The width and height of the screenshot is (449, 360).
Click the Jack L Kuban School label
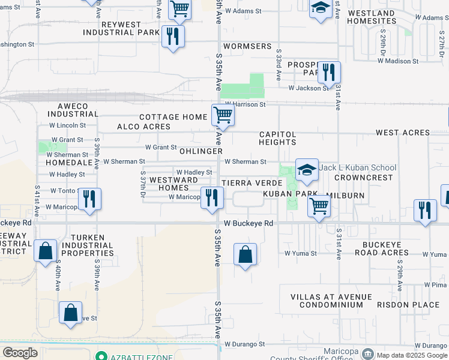(358, 168)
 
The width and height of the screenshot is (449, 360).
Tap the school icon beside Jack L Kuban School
(307, 170)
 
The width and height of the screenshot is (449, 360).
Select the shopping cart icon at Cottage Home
(223, 115)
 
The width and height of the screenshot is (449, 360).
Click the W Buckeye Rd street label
(249, 223)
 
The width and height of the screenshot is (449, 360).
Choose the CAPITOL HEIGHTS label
(277, 138)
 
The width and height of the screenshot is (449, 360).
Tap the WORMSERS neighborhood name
(247, 46)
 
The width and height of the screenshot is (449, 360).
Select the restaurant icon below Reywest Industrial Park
(172, 36)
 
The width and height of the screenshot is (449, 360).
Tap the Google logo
(20, 352)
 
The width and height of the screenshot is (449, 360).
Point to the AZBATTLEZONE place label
(139, 356)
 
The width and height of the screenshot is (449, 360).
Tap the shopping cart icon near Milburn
(319, 206)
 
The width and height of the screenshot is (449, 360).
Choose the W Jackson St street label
(308, 88)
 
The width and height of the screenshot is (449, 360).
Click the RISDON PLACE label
(408, 305)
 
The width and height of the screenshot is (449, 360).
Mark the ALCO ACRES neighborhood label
(143, 127)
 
